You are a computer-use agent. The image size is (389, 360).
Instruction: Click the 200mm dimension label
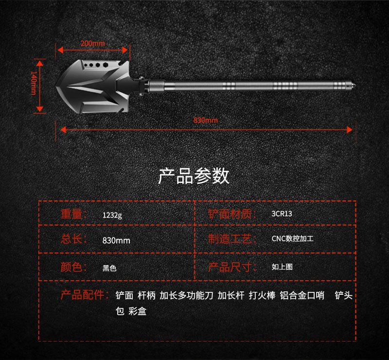(x=93, y=44)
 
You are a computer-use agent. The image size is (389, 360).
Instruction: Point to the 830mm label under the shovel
(x=206, y=120)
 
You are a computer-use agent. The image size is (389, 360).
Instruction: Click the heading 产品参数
(x=194, y=176)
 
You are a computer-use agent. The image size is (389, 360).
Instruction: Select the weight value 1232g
(x=112, y=215)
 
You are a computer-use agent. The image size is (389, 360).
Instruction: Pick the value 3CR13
(x=282, y=213)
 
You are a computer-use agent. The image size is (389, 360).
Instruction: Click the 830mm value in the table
(x=116, y=240)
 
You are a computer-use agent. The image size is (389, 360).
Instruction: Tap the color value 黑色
(x=109, y=267)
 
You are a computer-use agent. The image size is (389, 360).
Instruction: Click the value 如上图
(x=282, y=267)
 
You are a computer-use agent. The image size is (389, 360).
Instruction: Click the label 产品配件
(x=84, y=295)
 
